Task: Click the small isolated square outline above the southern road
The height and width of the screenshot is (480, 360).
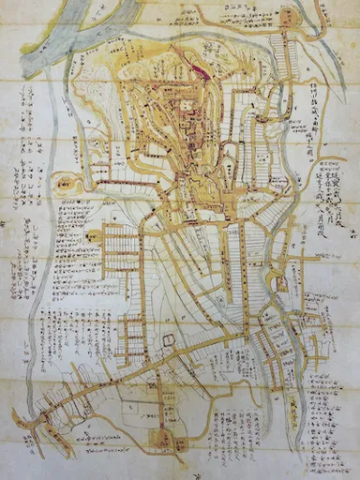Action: point(169,338)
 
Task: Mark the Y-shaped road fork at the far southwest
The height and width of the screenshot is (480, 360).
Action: point(33,417)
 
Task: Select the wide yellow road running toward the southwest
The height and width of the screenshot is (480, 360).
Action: point(112,375)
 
